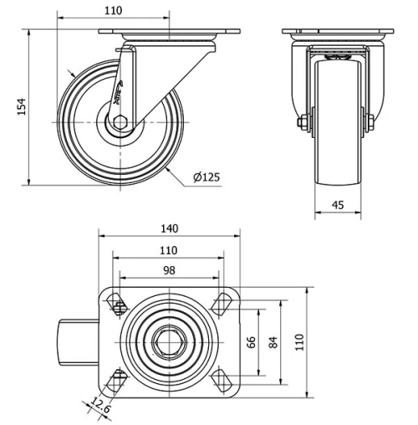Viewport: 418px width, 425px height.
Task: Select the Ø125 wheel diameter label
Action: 206,177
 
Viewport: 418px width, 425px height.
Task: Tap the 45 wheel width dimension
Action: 339,203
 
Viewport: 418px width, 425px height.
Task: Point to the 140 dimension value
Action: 170,228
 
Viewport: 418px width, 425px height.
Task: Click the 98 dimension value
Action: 170,270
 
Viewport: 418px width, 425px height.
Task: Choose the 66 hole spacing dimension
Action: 250,342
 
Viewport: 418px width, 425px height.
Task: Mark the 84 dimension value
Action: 273,342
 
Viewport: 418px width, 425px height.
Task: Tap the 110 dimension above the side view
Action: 114,11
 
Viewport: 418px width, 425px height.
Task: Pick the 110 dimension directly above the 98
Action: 170,250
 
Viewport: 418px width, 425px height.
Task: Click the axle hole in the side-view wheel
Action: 120,122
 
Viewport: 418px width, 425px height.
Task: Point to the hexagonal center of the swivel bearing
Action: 169,342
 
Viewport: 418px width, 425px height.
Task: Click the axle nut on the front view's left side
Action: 302,122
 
